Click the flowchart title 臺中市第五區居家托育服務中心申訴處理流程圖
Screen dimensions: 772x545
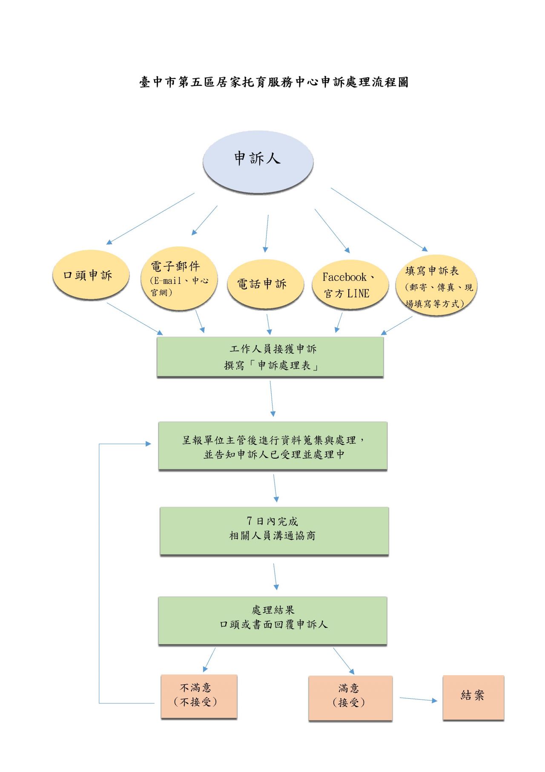pyautogui.click(x=274, y=82)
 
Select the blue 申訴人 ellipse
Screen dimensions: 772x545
pyautogui.click(x=258, y=162)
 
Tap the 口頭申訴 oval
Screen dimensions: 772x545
pyautogui.click(x=90, y=275)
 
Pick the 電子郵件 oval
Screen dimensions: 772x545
pyautogui.click(x=179, y=278)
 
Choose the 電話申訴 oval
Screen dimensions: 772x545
pyautogui.click(x=265, y=284)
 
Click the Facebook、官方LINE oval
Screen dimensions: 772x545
pyautogui.click(x=350, y=284)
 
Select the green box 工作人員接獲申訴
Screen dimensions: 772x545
pyautogui.click(x=270, y=357)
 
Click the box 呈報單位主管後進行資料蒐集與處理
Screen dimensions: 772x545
pyautogui.click(x=272, y=446)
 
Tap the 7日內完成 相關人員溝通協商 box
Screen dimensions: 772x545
pyautogui.click(x=274, y=531)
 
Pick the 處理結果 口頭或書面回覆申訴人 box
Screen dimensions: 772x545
pyautogui.click(x=272, y=620)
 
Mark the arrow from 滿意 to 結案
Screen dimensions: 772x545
pyautogui.click(x=418, y=700)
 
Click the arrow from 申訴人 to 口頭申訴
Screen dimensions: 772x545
pyautogui.click(x=150, y=219)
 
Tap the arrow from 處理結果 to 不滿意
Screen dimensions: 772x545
pyautogui.click(x=209, y=660)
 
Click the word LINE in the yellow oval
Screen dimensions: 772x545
pyautogui.click(x=358, y=293)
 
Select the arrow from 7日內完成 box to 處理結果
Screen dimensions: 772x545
pyautogui.click(x=275, y=576)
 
